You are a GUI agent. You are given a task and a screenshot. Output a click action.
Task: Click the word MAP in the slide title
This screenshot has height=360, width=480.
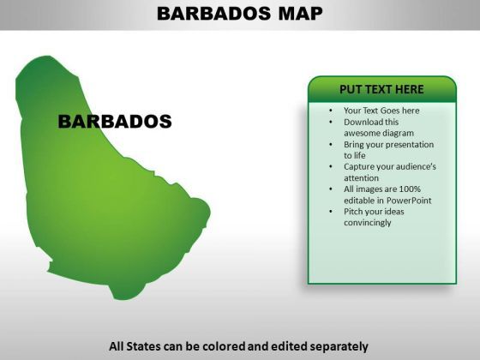point(300,14)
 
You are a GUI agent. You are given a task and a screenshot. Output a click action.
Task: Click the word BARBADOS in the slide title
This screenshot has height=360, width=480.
point(214,14)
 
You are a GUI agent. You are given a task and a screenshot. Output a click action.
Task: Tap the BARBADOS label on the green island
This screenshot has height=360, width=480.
point(115,121)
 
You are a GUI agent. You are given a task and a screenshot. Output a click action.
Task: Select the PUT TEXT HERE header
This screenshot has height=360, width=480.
point(381,89)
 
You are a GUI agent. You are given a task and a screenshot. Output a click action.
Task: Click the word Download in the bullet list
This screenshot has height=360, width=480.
point(363,122)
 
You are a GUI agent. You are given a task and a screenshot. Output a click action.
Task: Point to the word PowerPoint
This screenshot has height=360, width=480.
point(409,201)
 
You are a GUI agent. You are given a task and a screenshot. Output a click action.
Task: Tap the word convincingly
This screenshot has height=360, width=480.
point(368,223)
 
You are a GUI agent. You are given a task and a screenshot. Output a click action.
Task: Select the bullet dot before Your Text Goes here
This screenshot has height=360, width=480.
point(331,111)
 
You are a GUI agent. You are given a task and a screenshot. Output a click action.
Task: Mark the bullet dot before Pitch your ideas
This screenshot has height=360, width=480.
point(331,212)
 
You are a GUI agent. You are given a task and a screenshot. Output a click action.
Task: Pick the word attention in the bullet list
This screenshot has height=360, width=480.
point(361,178)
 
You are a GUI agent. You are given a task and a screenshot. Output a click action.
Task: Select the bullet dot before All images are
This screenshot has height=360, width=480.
point(331,189)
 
